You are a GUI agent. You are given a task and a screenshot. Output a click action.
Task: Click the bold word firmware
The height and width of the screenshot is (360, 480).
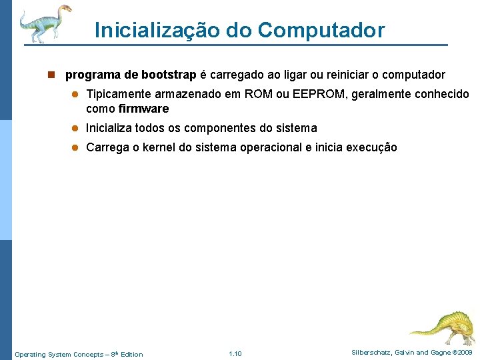pos(143,109)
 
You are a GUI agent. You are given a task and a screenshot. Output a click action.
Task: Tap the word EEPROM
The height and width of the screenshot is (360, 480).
pos(310,95)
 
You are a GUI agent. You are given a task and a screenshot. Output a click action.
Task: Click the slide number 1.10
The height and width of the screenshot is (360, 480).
pos(235,353)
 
